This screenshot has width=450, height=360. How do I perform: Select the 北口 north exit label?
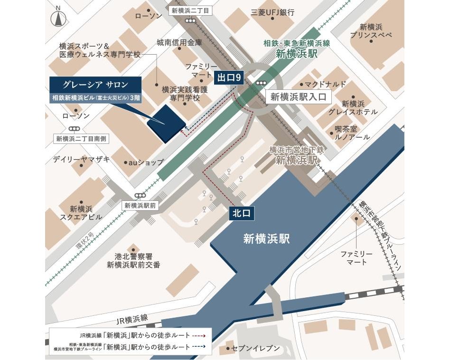point(241,214)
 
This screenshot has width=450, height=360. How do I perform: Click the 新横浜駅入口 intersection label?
point(299,97)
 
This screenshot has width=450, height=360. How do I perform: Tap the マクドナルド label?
point(325,84)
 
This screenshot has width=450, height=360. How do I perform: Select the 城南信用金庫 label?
point(179,43)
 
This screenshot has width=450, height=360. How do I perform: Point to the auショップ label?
point(146,162)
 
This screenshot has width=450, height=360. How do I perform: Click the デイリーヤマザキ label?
point(81,160)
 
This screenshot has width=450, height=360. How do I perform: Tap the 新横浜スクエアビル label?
point(85,213)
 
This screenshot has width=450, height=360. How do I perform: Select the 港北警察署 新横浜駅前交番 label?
point(133,260)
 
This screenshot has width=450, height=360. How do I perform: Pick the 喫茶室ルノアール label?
point(352,133)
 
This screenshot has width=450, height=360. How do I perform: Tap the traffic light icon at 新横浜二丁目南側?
point(74,129)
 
